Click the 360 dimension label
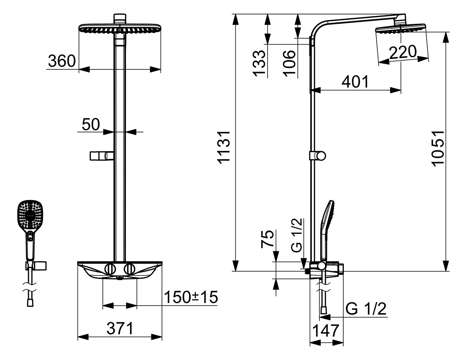pyautogui.click(x=62, y=61)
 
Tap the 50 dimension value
pyautogui.click(x=91, y=124)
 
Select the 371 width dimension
pyautogui.click(x=120, y=328)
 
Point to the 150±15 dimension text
pyautogui.click(x=191, y=297)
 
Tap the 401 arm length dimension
pyautogui.click(x=355, y=82)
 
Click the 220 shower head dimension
pyautogui.click(x=403, y=52)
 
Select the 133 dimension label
pyautogui.click(x=259, y=63)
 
